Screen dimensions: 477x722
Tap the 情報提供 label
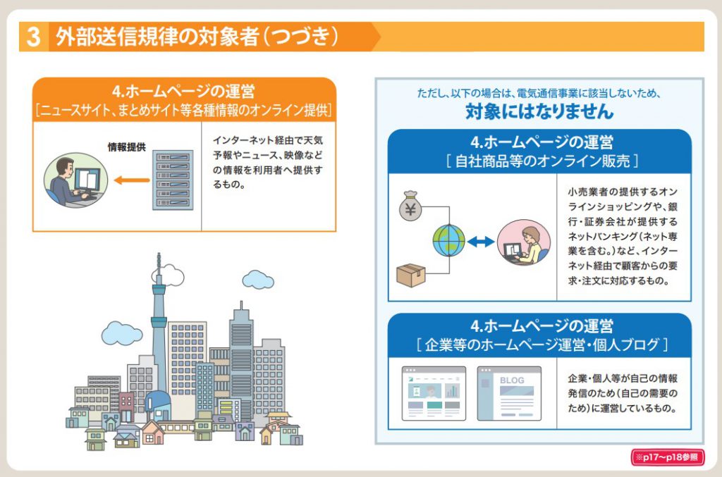(x=127, y=147)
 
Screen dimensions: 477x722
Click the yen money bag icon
(x=410, y=206)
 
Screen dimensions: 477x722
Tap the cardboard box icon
(x=411, y=275)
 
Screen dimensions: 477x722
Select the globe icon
(x=448, y=241)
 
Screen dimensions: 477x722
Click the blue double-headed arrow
(x=482, y=242)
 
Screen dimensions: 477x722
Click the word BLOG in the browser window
(x=512, y=380)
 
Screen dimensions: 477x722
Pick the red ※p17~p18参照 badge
(x=666, y=457)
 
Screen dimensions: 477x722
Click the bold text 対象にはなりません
(x=539, y=111)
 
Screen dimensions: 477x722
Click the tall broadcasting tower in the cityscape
(x=159, y=310)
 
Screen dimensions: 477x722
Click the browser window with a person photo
(x=434, y=393)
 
